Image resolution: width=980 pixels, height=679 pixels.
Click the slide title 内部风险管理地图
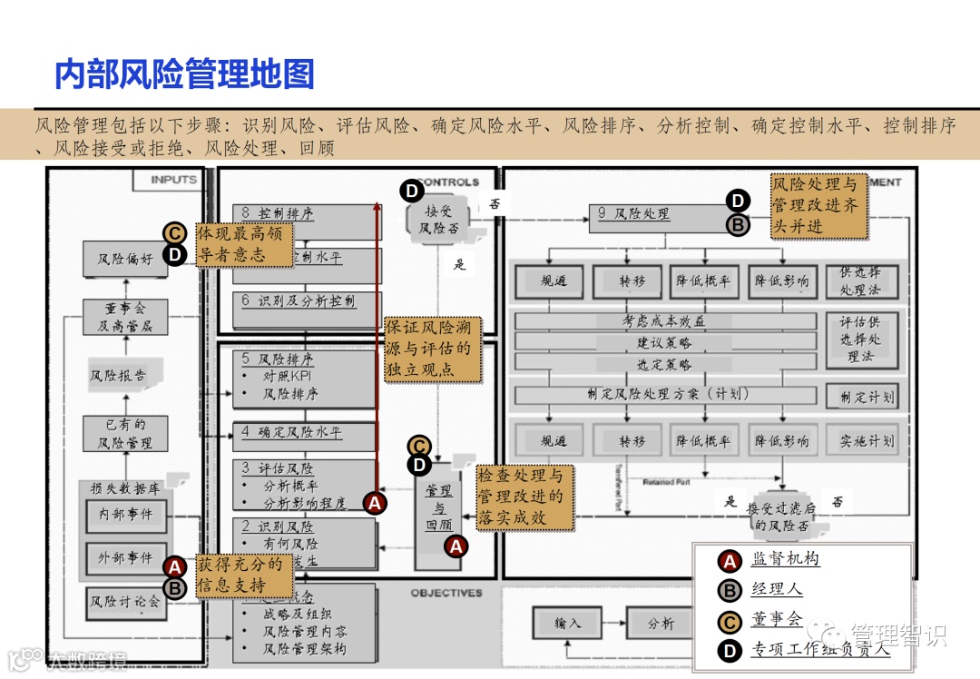coord(184,74)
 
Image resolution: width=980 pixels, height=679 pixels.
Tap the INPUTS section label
coord(173,180)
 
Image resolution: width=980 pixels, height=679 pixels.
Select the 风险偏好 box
coord(125,259)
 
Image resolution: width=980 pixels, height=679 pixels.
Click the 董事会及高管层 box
coord(125,318)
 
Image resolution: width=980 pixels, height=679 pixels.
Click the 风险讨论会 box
coord(125,601)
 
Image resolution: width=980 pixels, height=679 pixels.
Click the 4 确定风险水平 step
coord(292,433)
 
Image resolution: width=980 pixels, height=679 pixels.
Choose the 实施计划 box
coord(866,441)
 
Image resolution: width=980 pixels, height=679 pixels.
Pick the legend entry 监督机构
coord(785,559)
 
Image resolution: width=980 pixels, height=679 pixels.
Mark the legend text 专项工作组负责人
coord(819,649)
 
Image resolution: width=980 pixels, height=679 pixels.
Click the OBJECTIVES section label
coord(446,593)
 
